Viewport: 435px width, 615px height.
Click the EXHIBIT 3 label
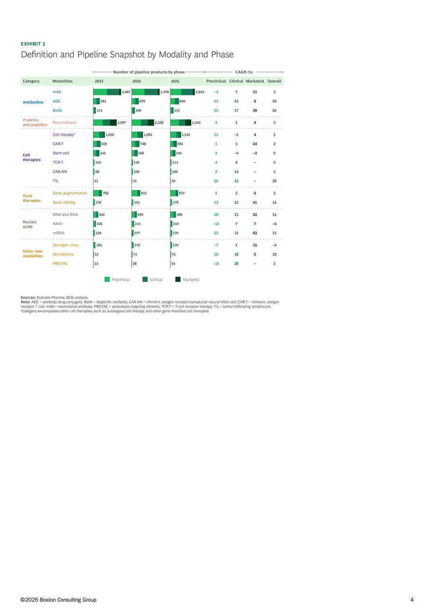coord(33,44)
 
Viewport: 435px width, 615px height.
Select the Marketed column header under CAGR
coord(255,81)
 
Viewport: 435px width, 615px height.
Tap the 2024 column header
coord(137,81)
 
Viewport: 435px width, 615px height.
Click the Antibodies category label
coord(33,102)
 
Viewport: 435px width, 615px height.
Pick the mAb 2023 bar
coord(107,92)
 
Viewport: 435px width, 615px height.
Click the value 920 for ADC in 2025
coord(182,101)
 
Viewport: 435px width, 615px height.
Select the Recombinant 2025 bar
coord(181,122)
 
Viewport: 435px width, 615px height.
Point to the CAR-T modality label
coord(58,144)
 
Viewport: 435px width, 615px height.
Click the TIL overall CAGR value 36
coord(274,181)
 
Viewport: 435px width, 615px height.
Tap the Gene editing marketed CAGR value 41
coord(255,202)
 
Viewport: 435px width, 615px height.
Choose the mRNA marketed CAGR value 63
coord(255,233)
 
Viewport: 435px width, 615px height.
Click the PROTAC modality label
coord(60,264)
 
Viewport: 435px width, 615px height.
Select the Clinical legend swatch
coord(145,279)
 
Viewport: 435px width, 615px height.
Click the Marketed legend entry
coord(187,279)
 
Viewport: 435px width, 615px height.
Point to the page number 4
coord(412,600)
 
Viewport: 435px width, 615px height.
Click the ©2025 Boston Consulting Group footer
coord(58,600)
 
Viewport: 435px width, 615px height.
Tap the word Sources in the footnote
coord(28,297)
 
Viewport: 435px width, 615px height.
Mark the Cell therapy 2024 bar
coord(137,135)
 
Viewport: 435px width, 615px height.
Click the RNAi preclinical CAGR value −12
coord(216,224)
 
